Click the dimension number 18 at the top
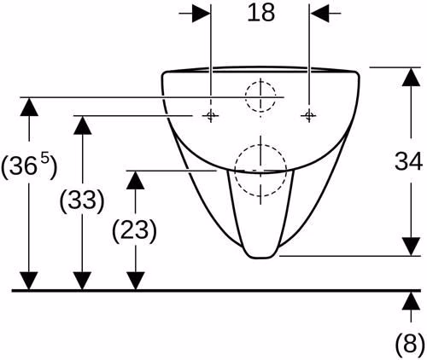261,13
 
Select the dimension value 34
408,161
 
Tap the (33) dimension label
82,200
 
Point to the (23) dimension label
135,229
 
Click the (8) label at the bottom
410,343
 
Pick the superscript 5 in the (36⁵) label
45,160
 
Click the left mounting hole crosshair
211,115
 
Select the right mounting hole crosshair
309,115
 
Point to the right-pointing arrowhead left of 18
202,13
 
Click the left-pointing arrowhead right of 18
319,13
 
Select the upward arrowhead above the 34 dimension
411,77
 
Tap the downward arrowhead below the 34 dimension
411,247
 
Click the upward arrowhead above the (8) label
411,301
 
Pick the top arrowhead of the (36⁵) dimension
29,107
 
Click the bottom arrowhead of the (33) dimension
82,281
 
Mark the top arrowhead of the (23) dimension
135,180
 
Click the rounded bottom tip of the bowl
260,258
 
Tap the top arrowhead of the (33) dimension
82,125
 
